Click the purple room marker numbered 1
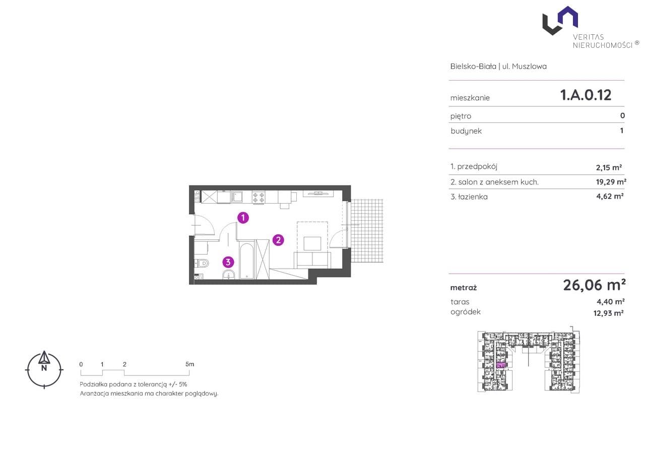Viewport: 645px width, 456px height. [243, 218]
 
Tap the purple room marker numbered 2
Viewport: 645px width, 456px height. [278, 240]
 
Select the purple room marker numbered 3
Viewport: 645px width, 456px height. [228, 262]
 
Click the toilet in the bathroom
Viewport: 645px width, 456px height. [202, 263]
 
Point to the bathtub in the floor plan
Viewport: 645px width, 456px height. [247, 260]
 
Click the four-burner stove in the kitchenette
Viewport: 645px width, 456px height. [259, 198]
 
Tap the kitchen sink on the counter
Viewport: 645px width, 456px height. [236, 197]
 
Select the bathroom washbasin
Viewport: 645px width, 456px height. [229, 275]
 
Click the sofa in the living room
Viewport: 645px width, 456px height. [312, 260]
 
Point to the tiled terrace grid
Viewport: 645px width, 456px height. [367, 231]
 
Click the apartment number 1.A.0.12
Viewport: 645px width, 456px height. [586, 95]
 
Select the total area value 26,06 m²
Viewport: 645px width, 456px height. [594, 285]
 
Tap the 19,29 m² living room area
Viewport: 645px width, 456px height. [611, 182]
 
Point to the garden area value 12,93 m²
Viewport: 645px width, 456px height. [608, 313]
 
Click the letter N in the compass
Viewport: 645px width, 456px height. [44, 368]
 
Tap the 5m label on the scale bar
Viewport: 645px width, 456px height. [190, 364]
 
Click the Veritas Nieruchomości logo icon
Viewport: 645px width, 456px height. [560, 21]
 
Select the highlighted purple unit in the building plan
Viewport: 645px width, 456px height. [501, 365]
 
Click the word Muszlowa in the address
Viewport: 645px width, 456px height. [529, 67]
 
